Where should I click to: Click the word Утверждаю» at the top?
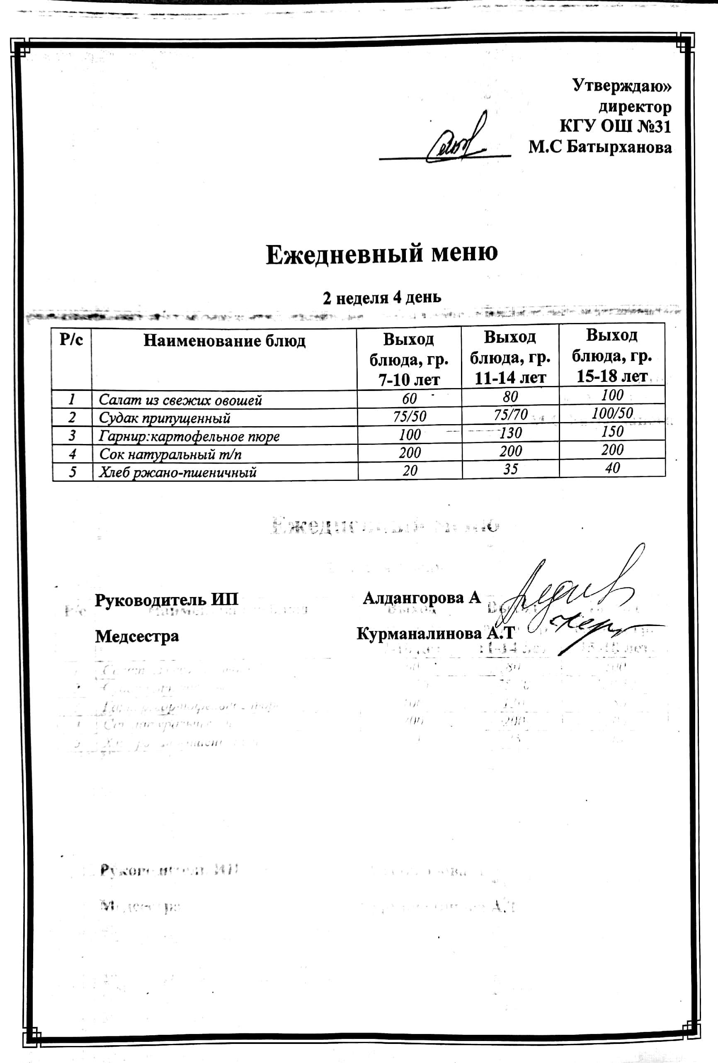click(621, 85)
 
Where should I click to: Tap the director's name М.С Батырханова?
click(600, 147)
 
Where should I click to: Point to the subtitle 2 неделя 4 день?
click(382, 298)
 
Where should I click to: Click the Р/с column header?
click(71, 340)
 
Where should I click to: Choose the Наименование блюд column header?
click(224, 341)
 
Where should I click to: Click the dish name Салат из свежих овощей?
click(180, 400)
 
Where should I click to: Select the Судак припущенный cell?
click(165, 418)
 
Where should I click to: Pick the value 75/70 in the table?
click(510, 415)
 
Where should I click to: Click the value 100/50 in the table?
click(612, 413)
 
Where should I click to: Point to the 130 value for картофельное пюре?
click(510, 433)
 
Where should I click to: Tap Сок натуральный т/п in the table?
click(170, 454)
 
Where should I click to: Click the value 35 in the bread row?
click(510, 469)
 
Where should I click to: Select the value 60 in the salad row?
click(409, 399)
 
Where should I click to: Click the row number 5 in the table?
click(72, 471)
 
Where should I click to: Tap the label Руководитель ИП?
click(167, 599)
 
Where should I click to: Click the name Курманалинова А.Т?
click(435, 633)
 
